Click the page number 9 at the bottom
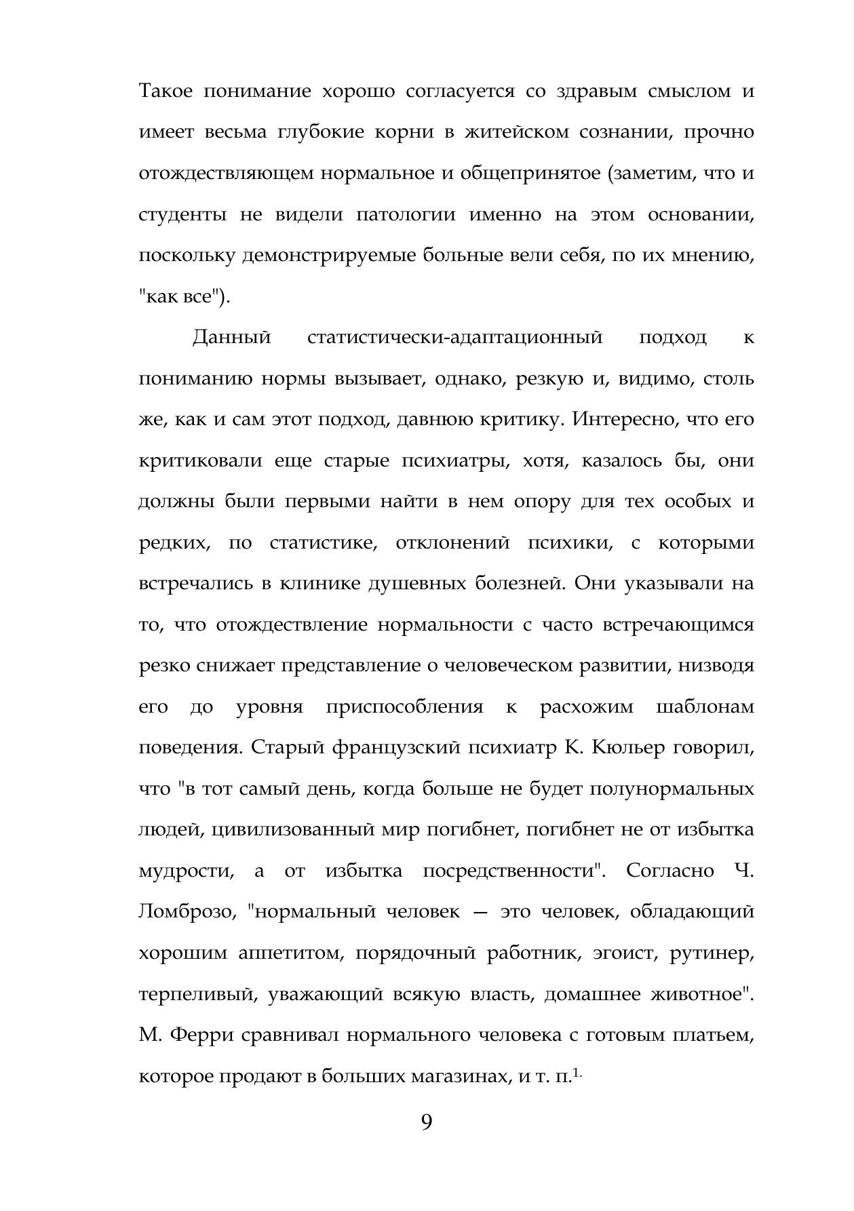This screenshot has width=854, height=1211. click(x=426, y=1123)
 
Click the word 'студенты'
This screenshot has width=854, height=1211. click(x=182, y=215)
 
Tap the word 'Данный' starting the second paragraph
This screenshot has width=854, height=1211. click(x=232, y=338)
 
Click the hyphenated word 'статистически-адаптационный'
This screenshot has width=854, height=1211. click(x=454, y=338)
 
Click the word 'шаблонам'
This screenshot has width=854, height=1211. click(x=705, y=707)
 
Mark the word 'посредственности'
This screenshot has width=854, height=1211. click(x=513, y=871)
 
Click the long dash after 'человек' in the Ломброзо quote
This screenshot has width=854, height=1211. click(x=480, y=913)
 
